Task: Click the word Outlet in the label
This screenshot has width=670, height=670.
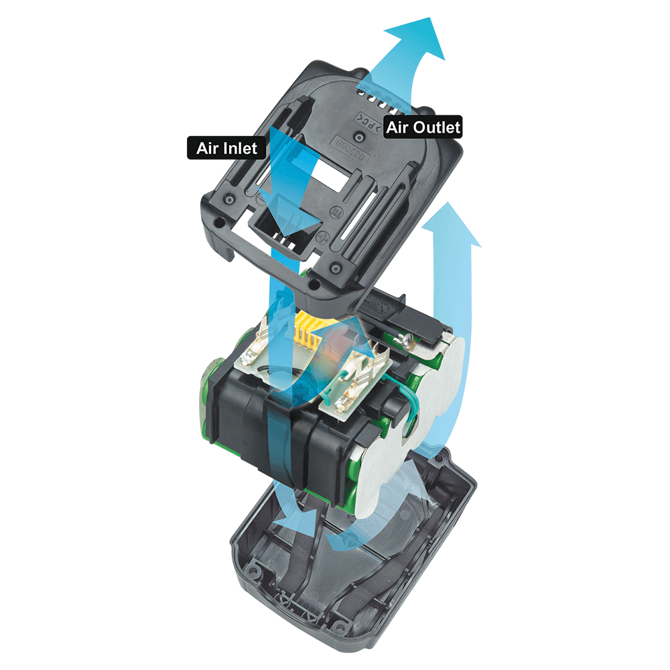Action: [x=437, y=127]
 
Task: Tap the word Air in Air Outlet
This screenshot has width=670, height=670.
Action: [x=397, y=127]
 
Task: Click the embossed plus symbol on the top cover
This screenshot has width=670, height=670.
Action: [x=324, y=238]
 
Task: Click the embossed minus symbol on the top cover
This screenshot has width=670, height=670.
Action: [x=261, y=199]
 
